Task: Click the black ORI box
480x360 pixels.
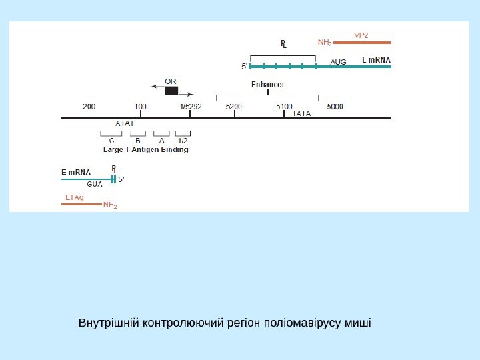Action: [172, 91]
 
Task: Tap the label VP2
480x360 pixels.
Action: [361, 34]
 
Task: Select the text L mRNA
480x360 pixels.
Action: [376, 61]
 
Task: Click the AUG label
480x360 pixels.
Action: [339, 62]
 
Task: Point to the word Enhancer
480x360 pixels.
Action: [268, 84]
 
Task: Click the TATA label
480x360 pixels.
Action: [301, 113]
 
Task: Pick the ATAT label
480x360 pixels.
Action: [125, 123]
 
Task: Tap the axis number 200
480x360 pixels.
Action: [89, 106]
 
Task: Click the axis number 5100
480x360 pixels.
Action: [284, 106]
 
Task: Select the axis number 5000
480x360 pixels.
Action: [335, 106]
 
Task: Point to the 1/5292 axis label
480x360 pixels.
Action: [190, 106]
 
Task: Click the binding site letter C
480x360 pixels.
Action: [111, 141]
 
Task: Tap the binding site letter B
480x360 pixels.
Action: [137, 141]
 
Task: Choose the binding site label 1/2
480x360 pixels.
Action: [183, 141]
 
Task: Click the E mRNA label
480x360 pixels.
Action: [75, 172]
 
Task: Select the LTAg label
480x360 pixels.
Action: [75, 197]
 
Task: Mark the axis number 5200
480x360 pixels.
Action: [234, 106]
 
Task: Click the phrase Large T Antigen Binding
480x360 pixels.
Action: [146, 150]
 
